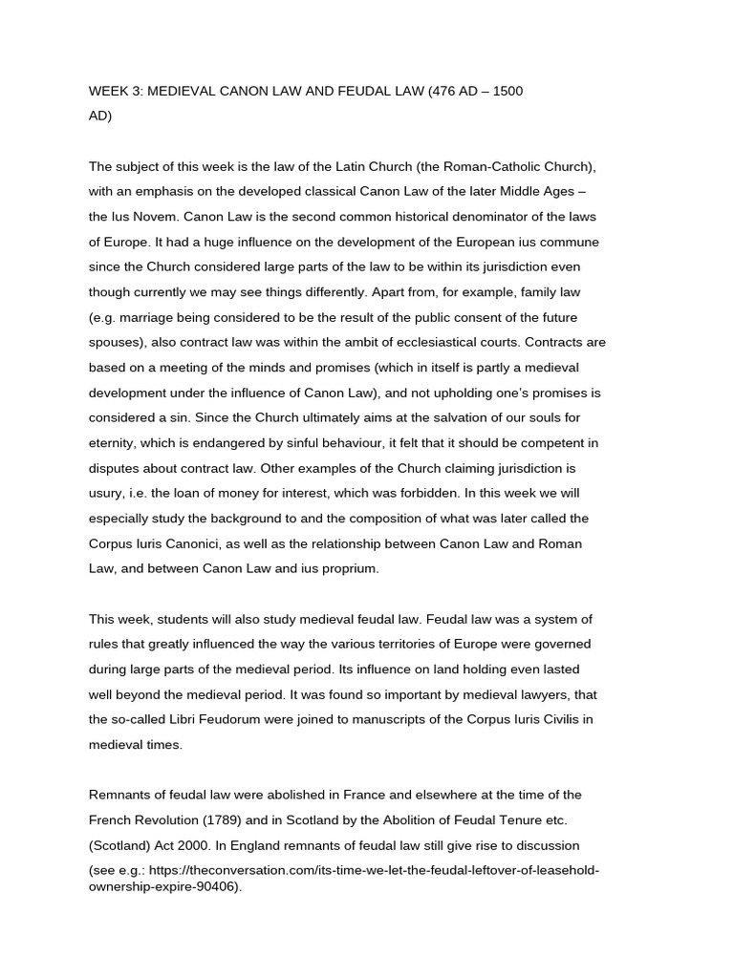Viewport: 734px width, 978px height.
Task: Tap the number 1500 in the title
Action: (x=507, y=91)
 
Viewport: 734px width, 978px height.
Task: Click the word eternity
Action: (x=116, y=442)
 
